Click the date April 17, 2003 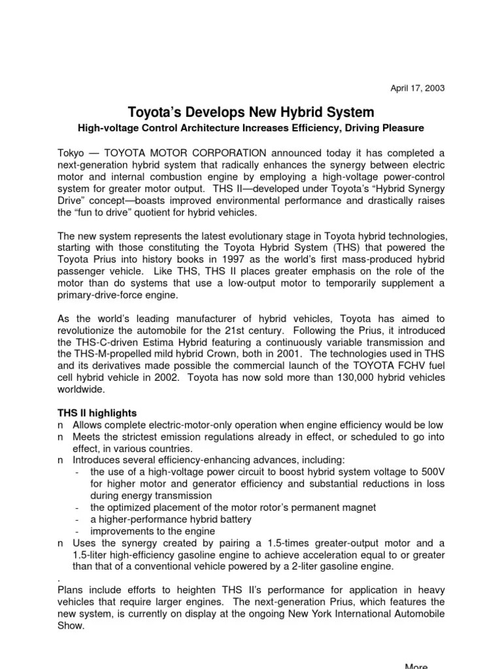(x=417, y=88)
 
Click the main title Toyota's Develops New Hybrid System (x=251, y=112)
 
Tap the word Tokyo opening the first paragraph (x=71, y=152)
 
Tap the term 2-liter (x=310, y=566)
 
